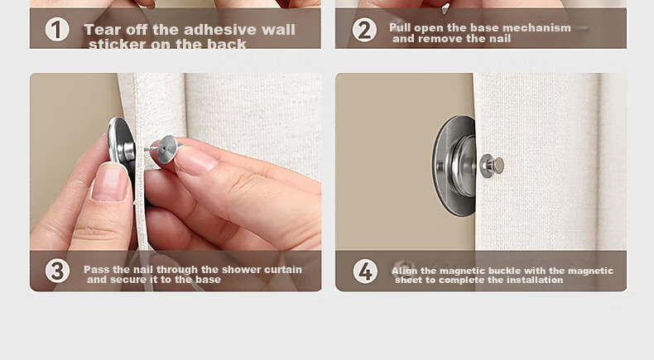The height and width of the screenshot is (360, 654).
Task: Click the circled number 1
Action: (x=57, y=30)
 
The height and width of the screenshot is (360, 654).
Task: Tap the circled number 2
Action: (x=364, y=30)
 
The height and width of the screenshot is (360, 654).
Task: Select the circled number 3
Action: (x=57, y=271)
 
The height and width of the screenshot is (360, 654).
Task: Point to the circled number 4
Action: (x=365, y=271)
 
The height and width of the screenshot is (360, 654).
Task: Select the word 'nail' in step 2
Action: (x=500, y=39)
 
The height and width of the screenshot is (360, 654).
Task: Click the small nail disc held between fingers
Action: (x=168, y=148)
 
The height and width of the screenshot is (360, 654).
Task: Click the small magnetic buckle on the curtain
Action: (x=492, y=166)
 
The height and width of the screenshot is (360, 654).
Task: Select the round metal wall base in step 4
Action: (x=454, y=166)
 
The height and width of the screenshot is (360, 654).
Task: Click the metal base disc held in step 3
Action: (x=122, y=146)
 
